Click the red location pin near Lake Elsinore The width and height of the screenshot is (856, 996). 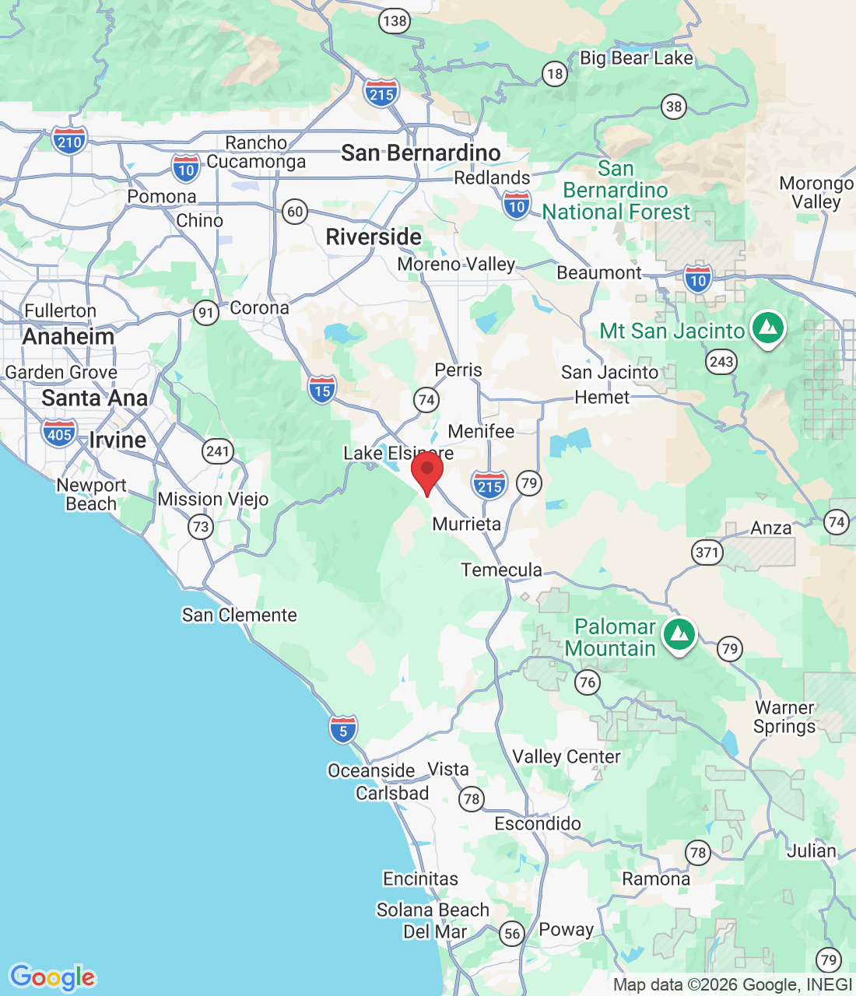(x=426, y=472)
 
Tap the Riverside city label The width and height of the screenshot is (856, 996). (x=374, y=237)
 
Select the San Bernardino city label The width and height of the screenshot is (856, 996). (x=420, y=153)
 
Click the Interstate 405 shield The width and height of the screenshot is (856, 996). (x=60, y=433)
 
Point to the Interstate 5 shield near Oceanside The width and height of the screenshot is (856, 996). (x=343, y=729)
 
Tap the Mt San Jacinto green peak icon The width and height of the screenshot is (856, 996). (x=768, y=328)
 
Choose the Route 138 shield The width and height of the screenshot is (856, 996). (x=395, y=21)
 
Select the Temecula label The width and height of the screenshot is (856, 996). (x=501, y=570)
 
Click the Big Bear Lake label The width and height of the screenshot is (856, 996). (x=636, y=58)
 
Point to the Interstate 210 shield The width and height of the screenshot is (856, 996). (x=69, y=141)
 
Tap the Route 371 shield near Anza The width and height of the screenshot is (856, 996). (x=707, y=552)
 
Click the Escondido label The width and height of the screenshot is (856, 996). (x=538, y=823)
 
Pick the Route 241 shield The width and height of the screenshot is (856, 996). (x=218, y=451)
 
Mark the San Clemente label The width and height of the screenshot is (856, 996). (x=240, y=615)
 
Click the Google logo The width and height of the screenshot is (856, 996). (x=52, y=977)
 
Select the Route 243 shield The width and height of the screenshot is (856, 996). (x=721, y=361)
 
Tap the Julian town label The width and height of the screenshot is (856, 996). (x=811, y=850)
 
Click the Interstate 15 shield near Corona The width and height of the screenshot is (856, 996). (x=322, y=389)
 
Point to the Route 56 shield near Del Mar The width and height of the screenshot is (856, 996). (x=511, y=934)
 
